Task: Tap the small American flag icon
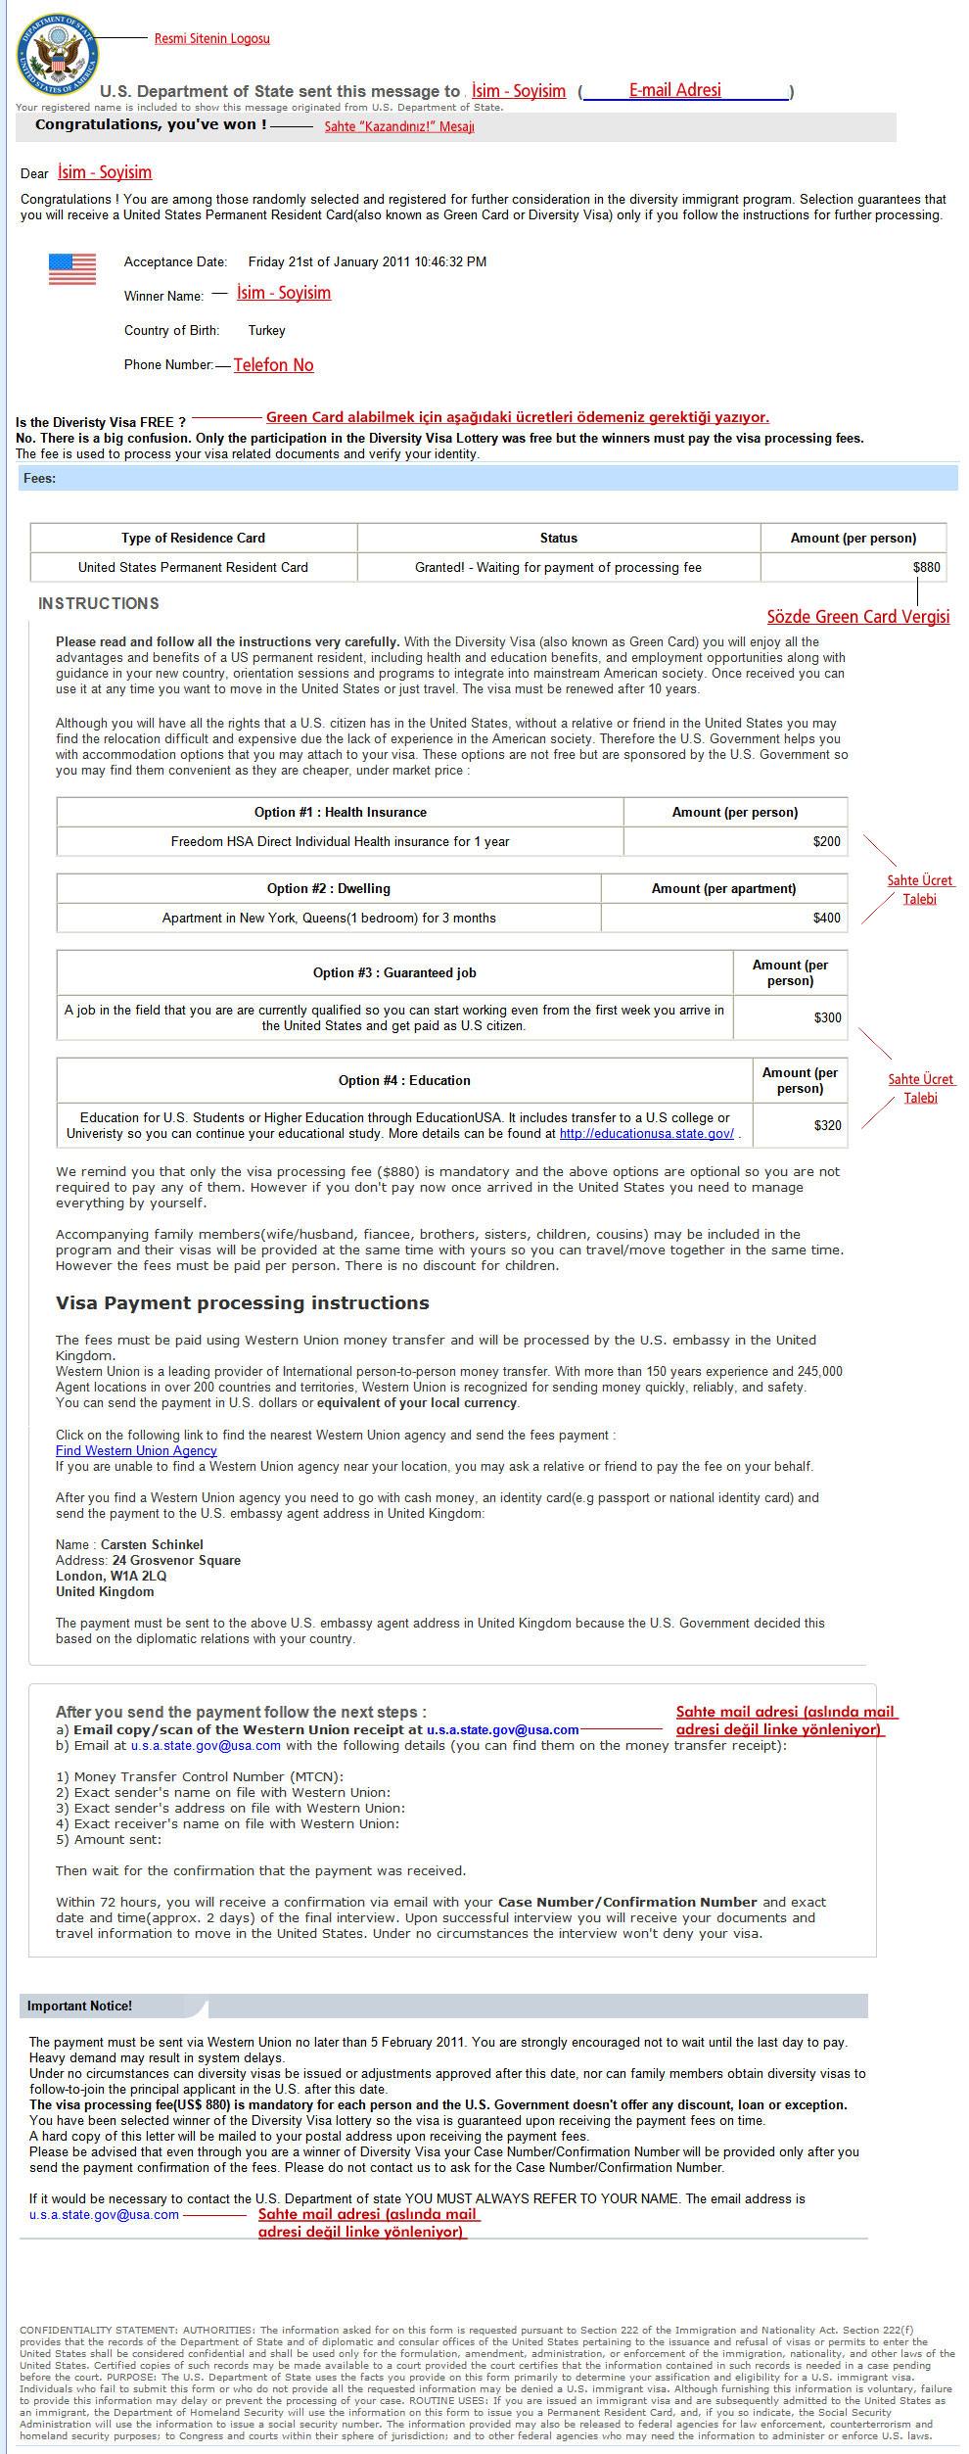coord(72,268)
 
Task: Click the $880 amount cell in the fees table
coord(926,567)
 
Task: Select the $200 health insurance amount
coord(826,841)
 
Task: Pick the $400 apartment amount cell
coord(826,918)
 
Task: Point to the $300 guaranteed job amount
coord(827,1017)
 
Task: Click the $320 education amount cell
coord(827,1125)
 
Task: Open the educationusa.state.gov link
coord(646,1133)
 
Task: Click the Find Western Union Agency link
coord(136,1450)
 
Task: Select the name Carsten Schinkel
coord(152,1544)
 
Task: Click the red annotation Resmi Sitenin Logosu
coord(211,38)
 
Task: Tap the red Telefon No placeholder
coord(273,365)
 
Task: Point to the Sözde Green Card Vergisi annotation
coord(857,616)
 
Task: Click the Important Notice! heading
coord(79,2006)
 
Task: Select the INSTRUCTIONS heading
coord(98,603)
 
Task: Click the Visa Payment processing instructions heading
coord(242,1302)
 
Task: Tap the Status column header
coord(558,538)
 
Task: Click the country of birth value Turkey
coord(266,330)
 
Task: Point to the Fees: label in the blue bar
coord(39,478)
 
